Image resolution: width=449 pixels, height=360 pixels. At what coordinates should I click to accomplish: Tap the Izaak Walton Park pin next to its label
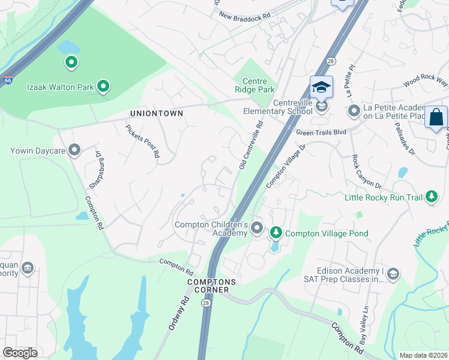(x=103, y=87)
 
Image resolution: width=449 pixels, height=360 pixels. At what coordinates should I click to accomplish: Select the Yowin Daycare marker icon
(x=74, y=149)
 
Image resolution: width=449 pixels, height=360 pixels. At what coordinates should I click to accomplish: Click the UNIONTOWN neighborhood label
(x=156, y=113)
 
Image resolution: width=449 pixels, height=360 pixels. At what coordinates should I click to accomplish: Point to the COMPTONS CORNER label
(x=208, y=286)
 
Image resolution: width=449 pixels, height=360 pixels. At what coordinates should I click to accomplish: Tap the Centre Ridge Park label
(x=258, y=86)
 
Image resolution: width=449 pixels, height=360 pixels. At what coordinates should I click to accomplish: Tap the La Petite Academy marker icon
(x=354, y=110)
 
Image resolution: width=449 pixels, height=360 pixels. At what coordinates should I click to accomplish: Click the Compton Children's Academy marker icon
(x=257, y=227)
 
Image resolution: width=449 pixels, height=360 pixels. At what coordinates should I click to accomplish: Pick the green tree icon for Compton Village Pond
(x=276, y=232)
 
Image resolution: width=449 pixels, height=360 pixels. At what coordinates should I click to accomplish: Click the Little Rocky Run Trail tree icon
(x=431, y=196)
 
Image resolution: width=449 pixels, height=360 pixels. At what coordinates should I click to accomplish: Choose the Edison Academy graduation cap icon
(x=393, y=274)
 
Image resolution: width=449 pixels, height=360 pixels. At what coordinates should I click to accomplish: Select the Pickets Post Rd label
(x=143, y=141)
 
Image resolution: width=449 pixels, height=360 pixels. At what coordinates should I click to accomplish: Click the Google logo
(x=20, y=353)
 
